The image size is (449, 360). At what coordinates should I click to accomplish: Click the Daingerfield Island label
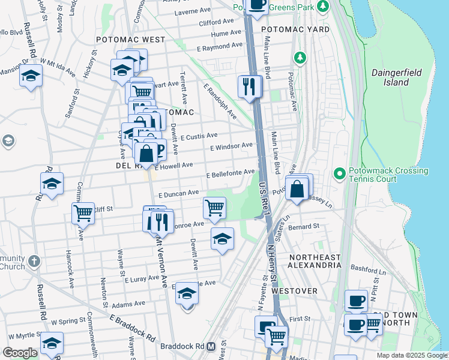tap(396, 77)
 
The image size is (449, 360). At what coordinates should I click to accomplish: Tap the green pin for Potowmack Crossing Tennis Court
tap(339, 175)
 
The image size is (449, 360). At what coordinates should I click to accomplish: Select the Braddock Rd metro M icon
tap(211, 346)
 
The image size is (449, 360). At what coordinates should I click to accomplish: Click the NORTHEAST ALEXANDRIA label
tap(315, 261)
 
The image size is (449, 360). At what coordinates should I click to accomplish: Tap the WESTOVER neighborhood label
tap(294, 291)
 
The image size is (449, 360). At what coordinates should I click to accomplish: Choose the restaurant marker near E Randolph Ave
tap(248, 87)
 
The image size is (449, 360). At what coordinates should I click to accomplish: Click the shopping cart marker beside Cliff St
tap(83, 213)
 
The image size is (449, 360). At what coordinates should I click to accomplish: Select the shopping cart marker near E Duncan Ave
tap(214, 208)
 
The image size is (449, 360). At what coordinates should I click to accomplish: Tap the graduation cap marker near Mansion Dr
tap(31, 76)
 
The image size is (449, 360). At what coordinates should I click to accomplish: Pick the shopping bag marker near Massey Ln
tap(297, 189)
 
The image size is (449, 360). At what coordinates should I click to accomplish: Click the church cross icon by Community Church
tap(34, 262)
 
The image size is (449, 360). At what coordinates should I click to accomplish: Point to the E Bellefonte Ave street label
tap(231, 173)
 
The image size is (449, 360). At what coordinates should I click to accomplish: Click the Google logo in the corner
tap(20, 352)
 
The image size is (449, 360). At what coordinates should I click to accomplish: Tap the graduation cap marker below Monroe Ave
tap(222, 239)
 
